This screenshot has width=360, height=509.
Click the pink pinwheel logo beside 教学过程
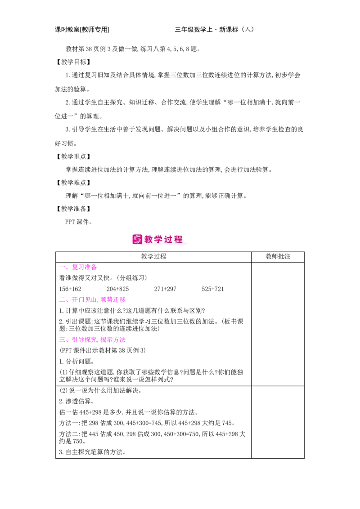click(x=137, y=240)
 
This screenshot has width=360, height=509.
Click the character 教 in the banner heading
click(x=149, y=240)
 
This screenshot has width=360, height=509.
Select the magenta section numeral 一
click(x=62, y=268)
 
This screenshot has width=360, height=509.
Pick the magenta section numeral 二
click(x=62, y=300)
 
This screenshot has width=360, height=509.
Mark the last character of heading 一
click(x=94, y=268)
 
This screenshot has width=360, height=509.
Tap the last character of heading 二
click(x=122, y=300)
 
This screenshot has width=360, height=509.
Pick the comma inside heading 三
click(x=98, y=342)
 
